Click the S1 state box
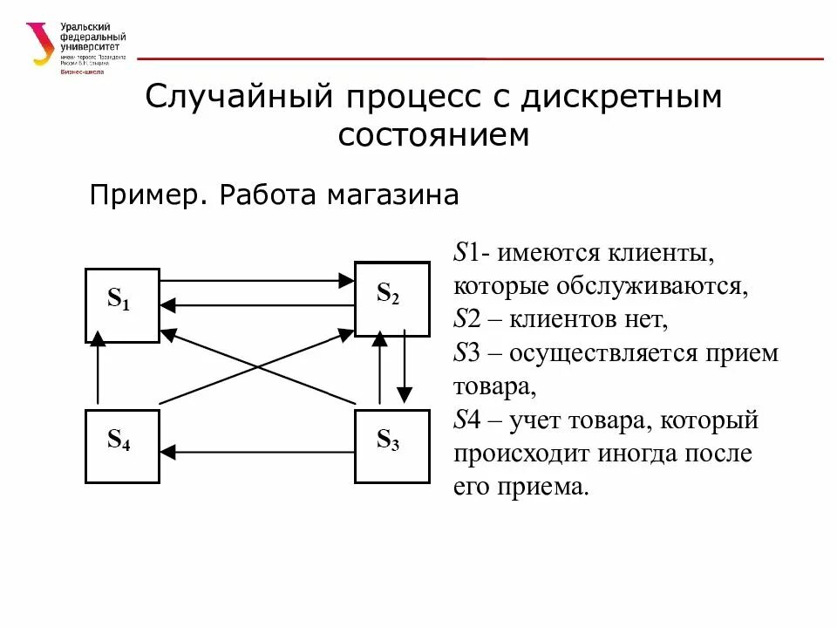[122, 305]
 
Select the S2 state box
[391, 298]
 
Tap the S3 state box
[391, 446]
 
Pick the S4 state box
[122, 446]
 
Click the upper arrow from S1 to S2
[257, 281]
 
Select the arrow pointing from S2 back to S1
[257, 304]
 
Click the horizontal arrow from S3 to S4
[257, 451]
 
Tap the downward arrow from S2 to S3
[404, 366]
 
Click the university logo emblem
[40, 44]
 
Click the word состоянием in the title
[433, 135]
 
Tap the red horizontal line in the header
[480, 58]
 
